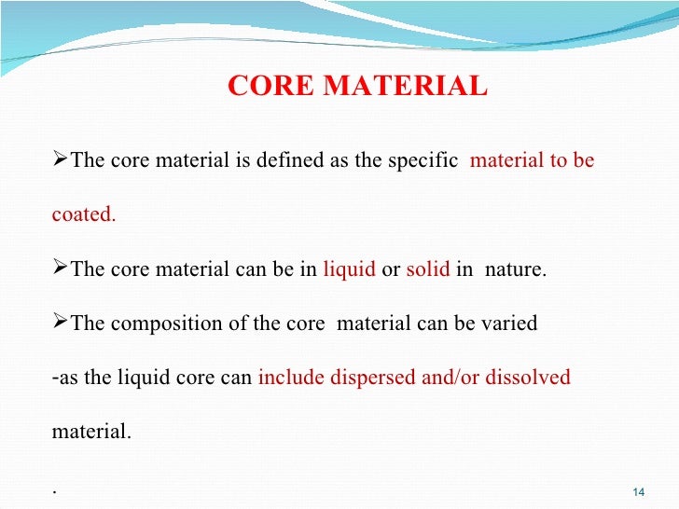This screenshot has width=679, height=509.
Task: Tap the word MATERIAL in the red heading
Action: click(405, 87)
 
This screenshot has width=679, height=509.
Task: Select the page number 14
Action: click(639, 492)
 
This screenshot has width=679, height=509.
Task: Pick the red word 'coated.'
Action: click(84, 215)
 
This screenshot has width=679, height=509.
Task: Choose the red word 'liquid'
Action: click(349, 270)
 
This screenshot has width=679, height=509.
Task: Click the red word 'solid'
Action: click(427, 270)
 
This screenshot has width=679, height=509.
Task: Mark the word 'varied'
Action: click(507, 324)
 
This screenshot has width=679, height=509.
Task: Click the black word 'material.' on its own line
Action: click(91, 433)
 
